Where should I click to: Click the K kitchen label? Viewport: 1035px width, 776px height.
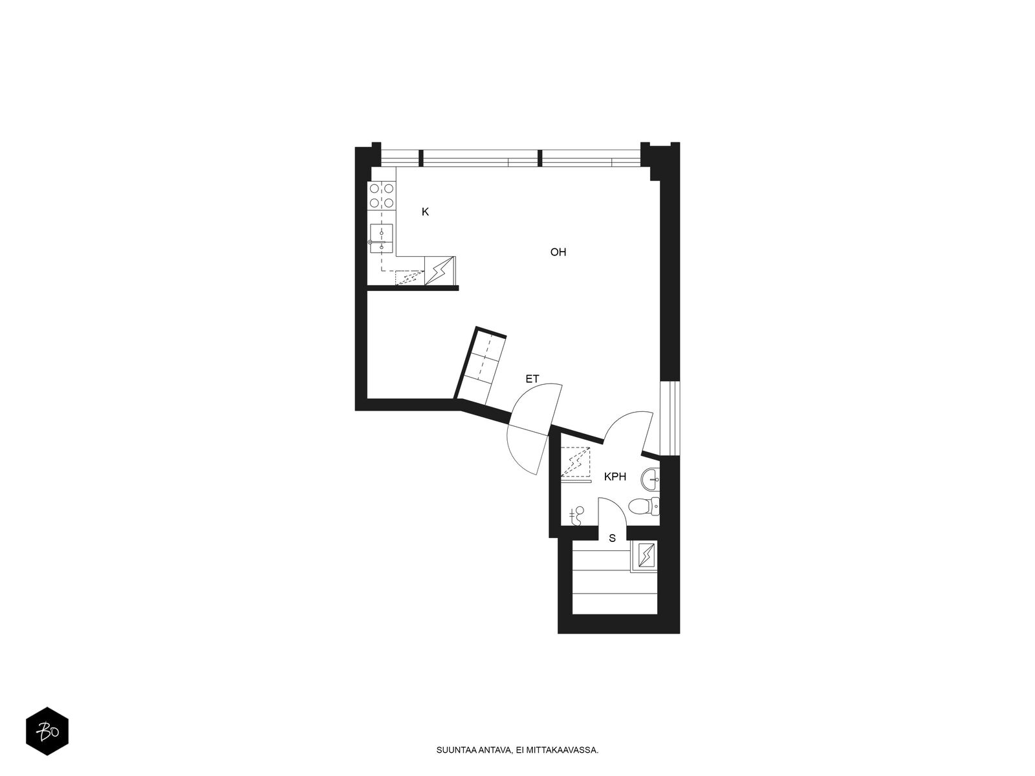pos(425,212)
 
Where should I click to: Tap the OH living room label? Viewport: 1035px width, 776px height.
pos(558,252)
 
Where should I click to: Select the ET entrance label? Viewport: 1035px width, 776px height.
pos(532,379)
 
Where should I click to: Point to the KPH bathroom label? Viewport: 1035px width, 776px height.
pos(615,477)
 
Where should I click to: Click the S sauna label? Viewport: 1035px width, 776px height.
pos(612,538)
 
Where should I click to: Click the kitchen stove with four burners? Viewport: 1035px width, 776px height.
pos(382,195)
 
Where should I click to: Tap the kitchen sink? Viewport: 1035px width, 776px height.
pos(381,239)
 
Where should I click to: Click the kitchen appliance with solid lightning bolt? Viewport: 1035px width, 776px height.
pos(439,271)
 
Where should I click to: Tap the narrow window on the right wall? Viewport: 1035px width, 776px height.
pos(670,418)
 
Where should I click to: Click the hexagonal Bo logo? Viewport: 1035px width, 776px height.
pos(47,731)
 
